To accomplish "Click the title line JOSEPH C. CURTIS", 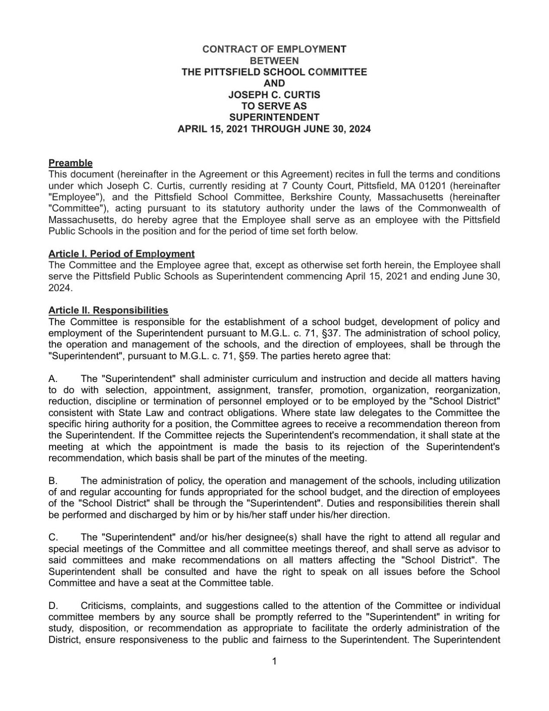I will click(x=274, y=95).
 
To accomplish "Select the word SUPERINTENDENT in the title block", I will click(x=274, y=117).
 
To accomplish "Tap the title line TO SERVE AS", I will click(x=274, y=106).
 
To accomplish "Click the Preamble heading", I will click(x=70, y=163).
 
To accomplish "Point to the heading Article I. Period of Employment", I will click(x=122, y=254).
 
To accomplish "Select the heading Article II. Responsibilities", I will click(x=108, y=310).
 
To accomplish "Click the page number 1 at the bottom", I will click(x=274, y=662).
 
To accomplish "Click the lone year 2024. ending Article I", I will click(x=61, y=288).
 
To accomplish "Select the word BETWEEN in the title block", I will click(x=274, y=61).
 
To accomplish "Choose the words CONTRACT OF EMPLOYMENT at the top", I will click(x=274, y=49).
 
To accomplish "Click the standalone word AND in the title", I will click(x=274, y=83).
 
